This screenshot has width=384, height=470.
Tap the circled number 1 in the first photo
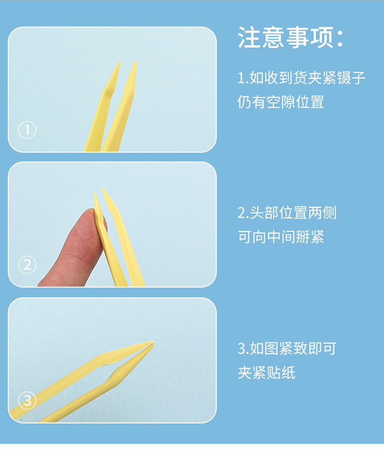pos(27,130)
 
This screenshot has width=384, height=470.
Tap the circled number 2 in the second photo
pos(27,264)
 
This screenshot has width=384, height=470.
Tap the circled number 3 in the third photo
pos(27,400)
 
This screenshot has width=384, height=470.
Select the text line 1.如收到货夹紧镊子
pos(301,78)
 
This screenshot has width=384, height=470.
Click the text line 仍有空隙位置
pos(280,102)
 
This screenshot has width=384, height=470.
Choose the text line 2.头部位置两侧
pos(287,212)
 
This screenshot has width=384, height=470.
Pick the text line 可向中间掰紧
pos(280,237)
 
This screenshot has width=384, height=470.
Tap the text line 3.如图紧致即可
pos(287,348)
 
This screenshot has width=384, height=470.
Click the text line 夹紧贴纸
pos(266,373)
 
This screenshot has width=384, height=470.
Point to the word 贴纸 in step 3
pos(280,373)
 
